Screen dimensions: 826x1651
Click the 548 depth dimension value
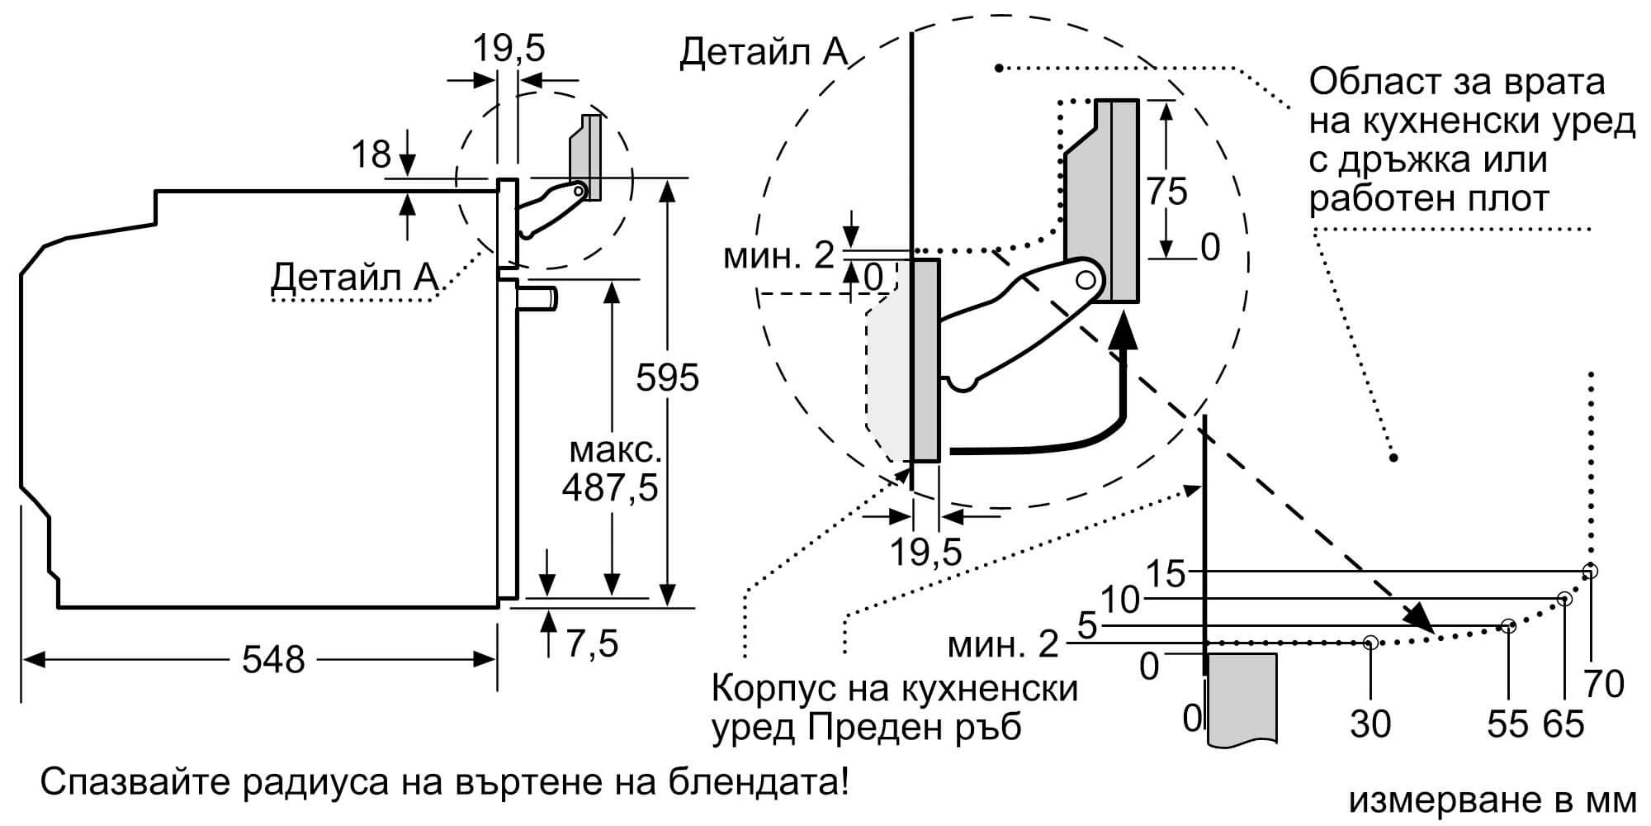coord(273,659)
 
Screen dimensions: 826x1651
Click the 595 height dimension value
coord(667,377)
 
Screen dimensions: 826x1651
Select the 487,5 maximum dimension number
coord(610,488)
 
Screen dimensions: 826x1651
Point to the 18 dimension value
coord(371,154)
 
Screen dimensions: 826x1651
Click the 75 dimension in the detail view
coord(1166,192)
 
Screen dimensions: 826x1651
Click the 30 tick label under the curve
coord(1370,724)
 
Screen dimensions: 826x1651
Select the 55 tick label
coord(1508,724)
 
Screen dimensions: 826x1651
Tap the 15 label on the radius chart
coord(1166,573)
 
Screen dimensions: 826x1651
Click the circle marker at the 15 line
coord(1591,571)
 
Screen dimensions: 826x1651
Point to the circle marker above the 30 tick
coord(1370,641)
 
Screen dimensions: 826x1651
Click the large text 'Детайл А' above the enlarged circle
coord(763,52)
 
